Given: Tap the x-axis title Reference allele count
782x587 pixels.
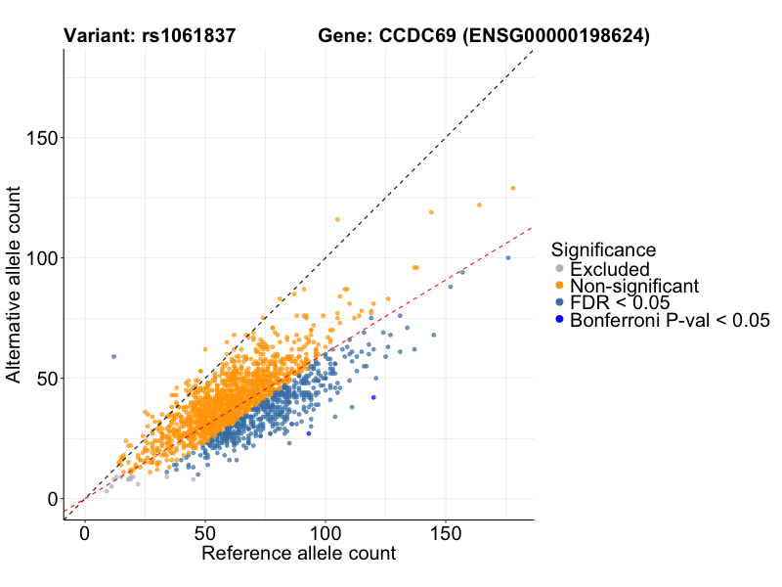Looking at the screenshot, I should (x=298, y=554).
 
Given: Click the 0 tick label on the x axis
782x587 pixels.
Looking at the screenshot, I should (x=85, y=534).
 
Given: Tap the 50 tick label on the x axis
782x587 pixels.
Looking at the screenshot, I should (x=205, y=534).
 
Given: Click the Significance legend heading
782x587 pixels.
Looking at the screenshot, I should (x=603, y=250).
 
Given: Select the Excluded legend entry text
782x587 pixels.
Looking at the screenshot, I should (x=610, y=269).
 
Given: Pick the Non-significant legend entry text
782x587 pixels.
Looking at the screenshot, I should (x=634, y=286).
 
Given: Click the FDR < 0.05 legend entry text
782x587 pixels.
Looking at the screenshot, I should (x=621, y=303).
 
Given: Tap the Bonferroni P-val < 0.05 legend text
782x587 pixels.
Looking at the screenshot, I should (x=671, y=320).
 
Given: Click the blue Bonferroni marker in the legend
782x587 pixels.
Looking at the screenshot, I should (x=559, y=320).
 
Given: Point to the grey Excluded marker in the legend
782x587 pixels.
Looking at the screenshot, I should (x=559, y=269).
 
